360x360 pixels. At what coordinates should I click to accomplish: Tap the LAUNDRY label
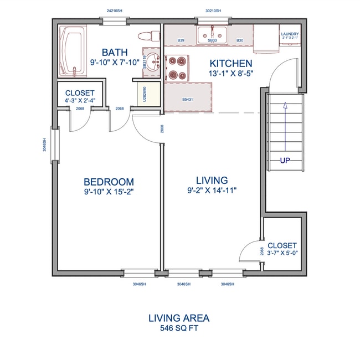point(290,34)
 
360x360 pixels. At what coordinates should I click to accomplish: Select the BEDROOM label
point(109,182)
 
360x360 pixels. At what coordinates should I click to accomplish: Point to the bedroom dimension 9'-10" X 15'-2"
point(109,192)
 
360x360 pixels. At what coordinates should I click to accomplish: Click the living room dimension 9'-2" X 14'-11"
point(212,191)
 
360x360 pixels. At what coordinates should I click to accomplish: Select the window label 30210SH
point(213,11)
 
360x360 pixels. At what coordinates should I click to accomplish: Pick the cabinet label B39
point(181,40)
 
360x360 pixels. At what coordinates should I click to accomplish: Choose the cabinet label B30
point(240,40)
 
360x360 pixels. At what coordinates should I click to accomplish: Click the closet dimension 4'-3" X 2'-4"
point(80,101)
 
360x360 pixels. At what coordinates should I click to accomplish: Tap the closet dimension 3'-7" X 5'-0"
point(282,254)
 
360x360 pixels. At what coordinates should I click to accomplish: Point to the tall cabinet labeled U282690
point(145,94)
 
